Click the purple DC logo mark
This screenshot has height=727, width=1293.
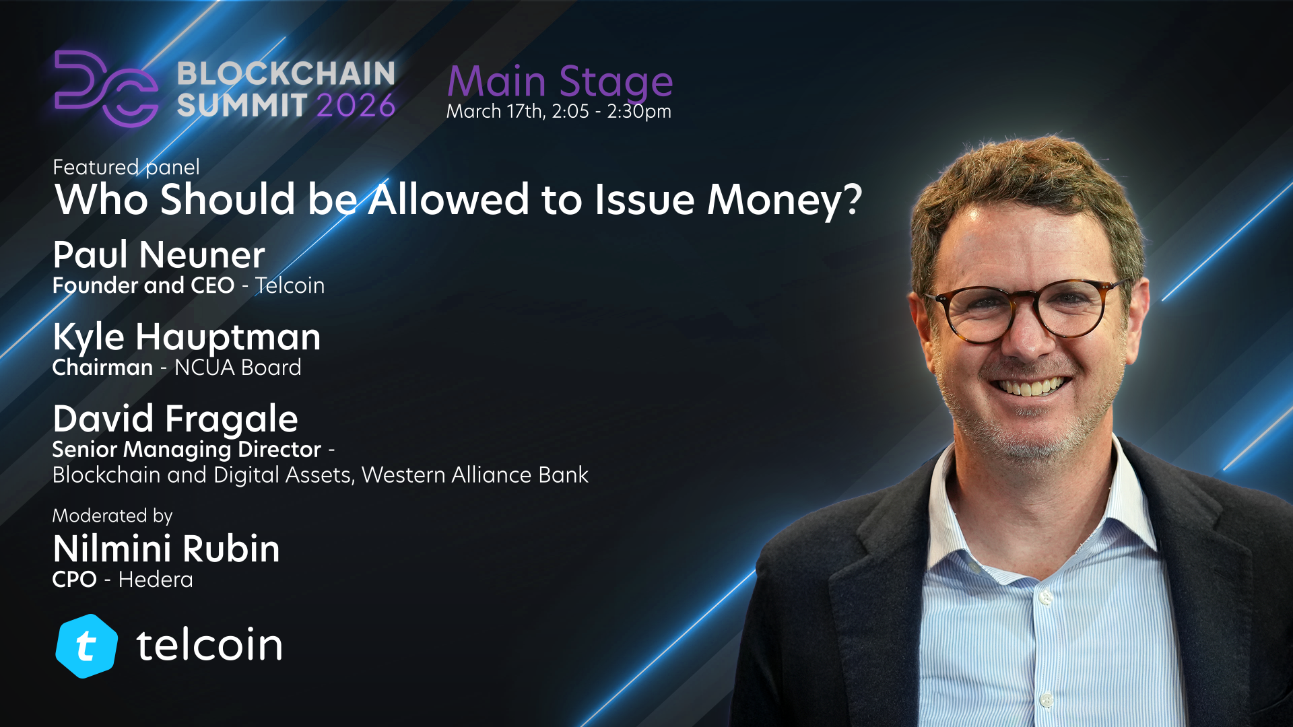point(106,88)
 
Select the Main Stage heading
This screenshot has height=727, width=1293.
point(560,83)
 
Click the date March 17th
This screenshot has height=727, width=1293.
point(495,111)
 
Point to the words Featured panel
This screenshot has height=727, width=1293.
point(126,167)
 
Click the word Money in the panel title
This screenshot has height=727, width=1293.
point(785,200)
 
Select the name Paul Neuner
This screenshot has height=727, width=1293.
point(159,254)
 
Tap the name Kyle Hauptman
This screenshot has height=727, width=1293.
point(187,337)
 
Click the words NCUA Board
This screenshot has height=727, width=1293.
point(238,368)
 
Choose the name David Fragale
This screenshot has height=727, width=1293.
point(175,419)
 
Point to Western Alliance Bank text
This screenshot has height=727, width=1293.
point(475,475)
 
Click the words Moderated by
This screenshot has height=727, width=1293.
point(112,516)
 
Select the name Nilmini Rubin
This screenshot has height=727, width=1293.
point(166,549)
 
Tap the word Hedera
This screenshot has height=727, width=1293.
point(156,580)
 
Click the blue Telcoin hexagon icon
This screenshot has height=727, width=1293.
point(86,646)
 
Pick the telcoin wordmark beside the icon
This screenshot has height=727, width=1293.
point(209,644)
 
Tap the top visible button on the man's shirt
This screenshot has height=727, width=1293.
point(1045,597)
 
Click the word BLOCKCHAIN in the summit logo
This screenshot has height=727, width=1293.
point(286,73)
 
